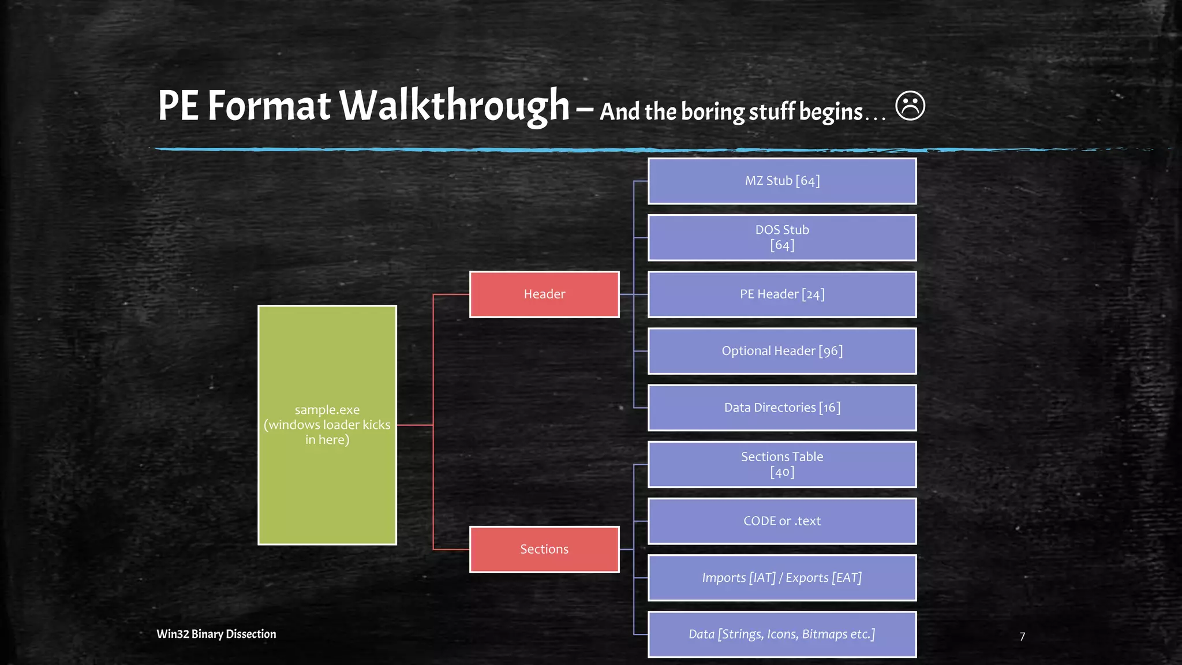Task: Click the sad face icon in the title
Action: point(910,106)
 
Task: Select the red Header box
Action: point(544,294)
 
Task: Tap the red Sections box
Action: point(544,550)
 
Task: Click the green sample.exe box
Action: point(327,425)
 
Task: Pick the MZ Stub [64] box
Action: point(782,181)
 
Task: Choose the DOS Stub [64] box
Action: point(782,238)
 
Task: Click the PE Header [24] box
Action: point(782,294)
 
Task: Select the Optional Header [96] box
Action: point(782,351)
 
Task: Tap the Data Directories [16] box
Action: point(782,408)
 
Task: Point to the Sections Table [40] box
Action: point(782,464)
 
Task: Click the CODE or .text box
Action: point(782,521)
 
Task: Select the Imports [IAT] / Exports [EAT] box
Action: point(782,578)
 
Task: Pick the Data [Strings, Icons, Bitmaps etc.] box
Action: point(782,634)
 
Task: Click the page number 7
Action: point(1022,637)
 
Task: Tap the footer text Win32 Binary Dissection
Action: point(216,634)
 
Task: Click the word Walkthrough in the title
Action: point(454,106)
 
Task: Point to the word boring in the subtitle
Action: point(713,112)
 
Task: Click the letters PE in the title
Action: point(178,106)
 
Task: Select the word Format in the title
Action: point(269,106)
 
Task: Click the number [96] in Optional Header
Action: point(831,351)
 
